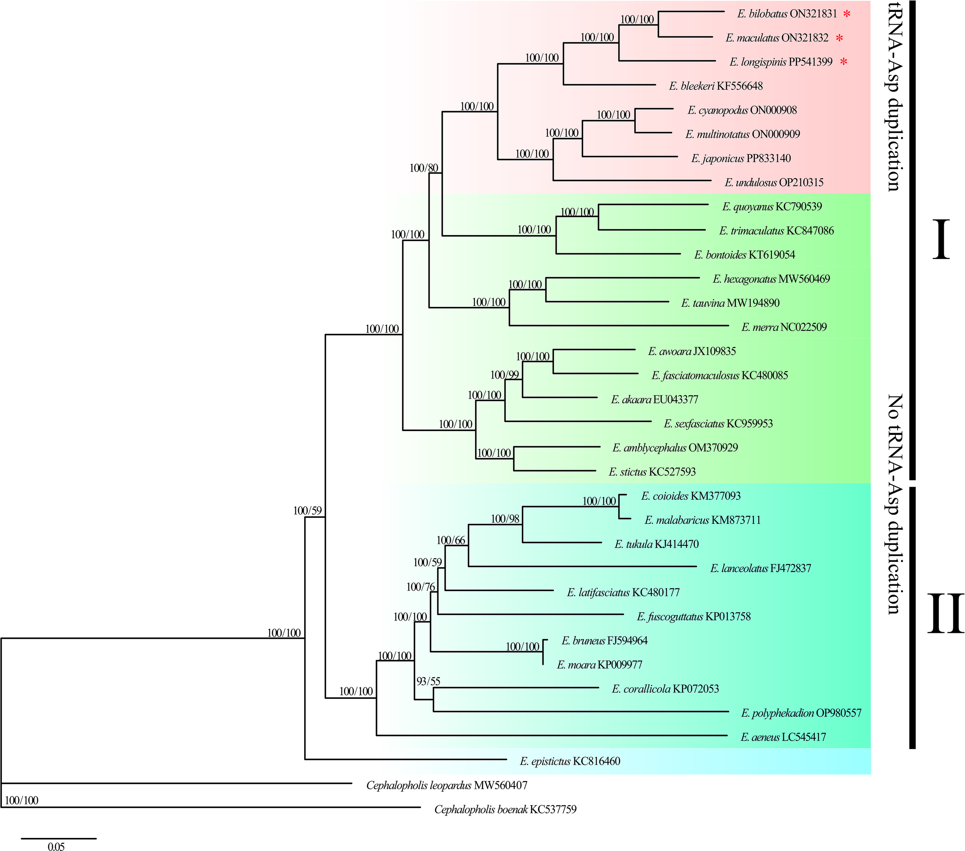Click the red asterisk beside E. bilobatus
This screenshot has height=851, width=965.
pos(847,14)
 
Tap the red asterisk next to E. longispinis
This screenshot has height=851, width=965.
pos(843,62)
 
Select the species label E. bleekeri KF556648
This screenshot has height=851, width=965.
pos(716,86)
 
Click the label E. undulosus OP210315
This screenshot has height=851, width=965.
pos(774,182)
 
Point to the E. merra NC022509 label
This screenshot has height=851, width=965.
pos(784,327)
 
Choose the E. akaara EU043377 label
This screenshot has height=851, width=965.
pos(654,399)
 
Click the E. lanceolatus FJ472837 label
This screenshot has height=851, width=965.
pos(760,568)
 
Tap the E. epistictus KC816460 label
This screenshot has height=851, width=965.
pos(570,761)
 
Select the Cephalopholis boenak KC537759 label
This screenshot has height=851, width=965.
pos(505,809)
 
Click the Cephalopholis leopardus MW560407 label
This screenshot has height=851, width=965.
pos(447,785)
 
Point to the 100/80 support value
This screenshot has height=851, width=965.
pos(423,168)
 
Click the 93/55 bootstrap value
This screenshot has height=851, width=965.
pos(428,681)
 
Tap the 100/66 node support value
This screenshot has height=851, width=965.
pos(450,540)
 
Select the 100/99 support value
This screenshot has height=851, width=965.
pos(504,375)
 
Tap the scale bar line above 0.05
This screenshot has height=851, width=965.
pos(59,838)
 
